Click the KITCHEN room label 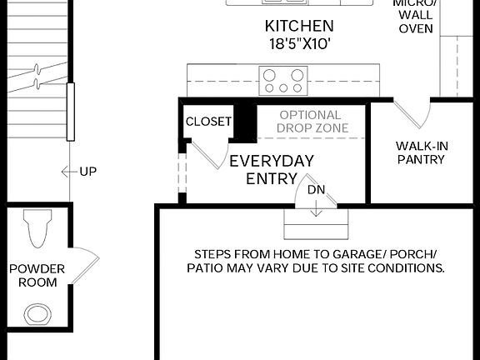pyautogui.click(x=298, y=27)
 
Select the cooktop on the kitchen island pyautogui.click(x=283, y=81)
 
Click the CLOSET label pyautogui.click(x=208, y=122)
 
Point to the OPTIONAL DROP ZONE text pyautogui.click(x=310, y=122)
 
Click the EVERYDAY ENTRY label pyautogui.click(x=272, y=169)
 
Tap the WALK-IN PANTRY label pyautogui.click(x=421, y=152)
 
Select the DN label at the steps pyautogui.click(x=317, y=190)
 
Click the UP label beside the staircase pyautogui.click(x=87, y=172)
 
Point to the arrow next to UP pyautogui.click(x=68, y=172)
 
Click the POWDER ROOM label pyautogui.click(x=33, y=275)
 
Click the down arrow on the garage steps pyautogui.click(x=317, y=208)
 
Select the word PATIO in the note pyautogui.click(x=205, y=268)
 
